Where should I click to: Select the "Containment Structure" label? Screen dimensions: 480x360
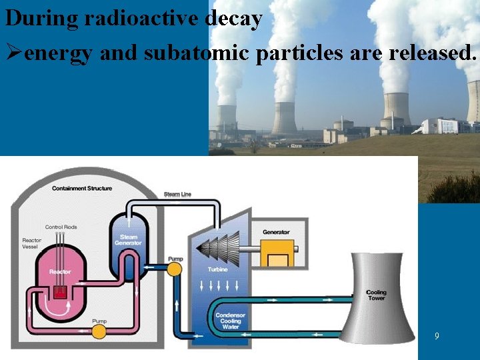point(82,189)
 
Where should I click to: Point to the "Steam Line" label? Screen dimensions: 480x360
point(177,194)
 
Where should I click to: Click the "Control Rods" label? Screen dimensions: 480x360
point(61,227)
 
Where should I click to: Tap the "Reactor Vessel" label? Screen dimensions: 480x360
point(31,245)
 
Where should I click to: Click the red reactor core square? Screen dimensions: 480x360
point(60,291)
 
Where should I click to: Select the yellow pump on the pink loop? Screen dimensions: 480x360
point(99,330)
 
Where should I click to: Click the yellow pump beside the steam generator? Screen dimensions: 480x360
point(174,269)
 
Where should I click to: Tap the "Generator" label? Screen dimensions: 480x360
point(276,232)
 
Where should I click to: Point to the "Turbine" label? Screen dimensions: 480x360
point(217,269)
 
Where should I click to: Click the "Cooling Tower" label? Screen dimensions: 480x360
point(376,295)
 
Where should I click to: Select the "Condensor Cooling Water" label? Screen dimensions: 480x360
point(230,321)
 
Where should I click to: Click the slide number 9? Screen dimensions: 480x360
point(437,337)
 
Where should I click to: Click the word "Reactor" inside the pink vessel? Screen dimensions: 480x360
point(60,271)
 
